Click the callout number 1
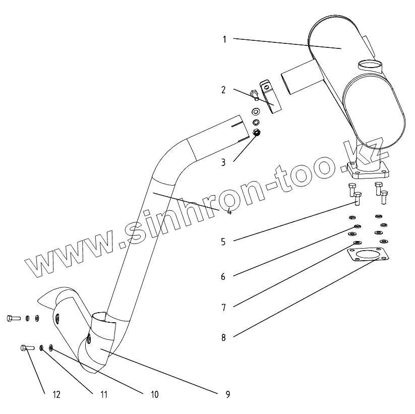pos(224,39)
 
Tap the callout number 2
pos(222,90)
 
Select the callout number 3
pos(222,162)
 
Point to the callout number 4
pos(229,211)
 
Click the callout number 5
pos(222,242)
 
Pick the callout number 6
pos(222,276)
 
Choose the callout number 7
pos(222,307)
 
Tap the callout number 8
pos(222,337)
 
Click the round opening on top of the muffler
pos(370,64)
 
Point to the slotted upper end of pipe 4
pos(238,129)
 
